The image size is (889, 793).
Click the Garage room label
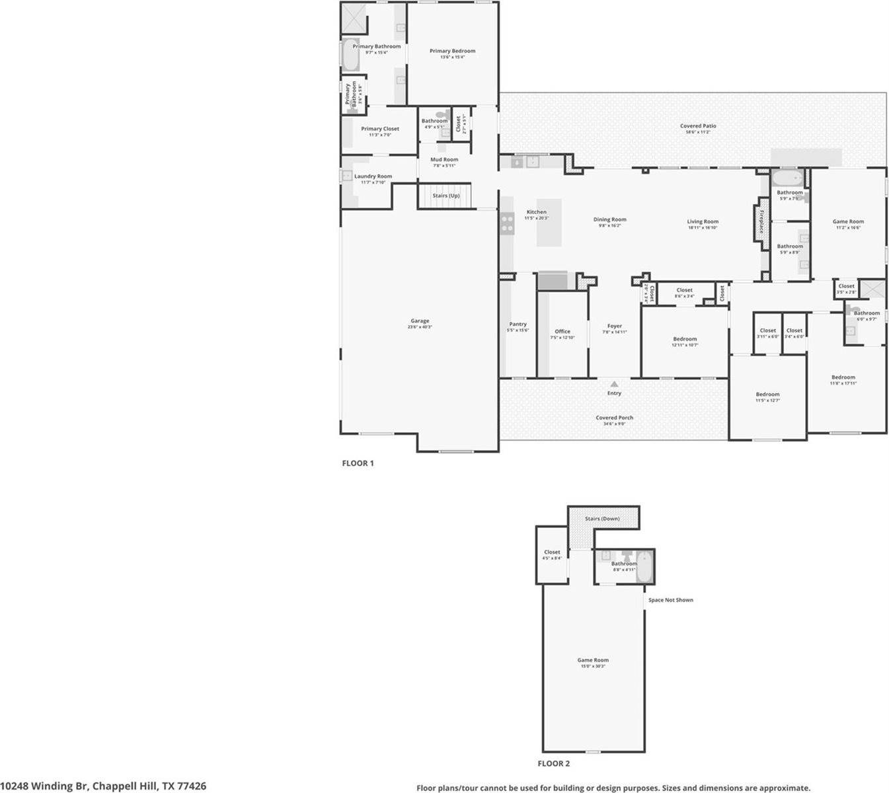tap(420, 321)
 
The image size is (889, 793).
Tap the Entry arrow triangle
tap(614, 384)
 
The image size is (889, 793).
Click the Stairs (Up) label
tap(445, 196)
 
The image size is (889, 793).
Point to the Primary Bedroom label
tap(452, 51)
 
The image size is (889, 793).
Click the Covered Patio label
tap(698, 126)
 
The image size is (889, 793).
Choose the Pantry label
tap(518, 324)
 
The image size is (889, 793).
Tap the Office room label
tap(562, 332)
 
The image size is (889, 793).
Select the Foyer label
tap(615, 326)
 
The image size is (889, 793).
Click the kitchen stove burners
tap(507, 223)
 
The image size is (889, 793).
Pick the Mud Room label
tap(444, 160)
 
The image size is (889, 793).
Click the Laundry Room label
tap(373, 176)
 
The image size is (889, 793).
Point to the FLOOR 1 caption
tap(358, 463)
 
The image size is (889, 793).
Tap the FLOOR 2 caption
tap(553, 763)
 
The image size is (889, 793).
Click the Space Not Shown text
tap(670, 600)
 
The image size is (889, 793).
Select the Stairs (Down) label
tap(602, 519)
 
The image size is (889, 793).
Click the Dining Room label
tap(609, 219)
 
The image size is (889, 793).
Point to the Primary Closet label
tap(380, 129)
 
